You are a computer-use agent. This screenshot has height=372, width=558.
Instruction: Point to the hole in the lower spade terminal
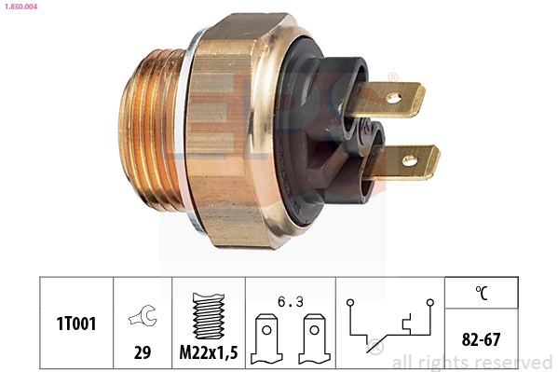[x=408, y=161]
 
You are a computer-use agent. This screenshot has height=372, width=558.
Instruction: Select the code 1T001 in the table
[x=75, y=323]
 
